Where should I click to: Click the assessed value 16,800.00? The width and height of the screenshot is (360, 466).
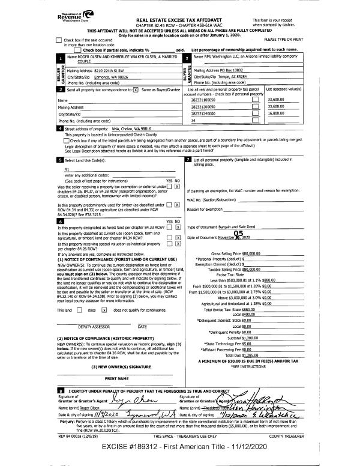[x=275, y=112]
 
